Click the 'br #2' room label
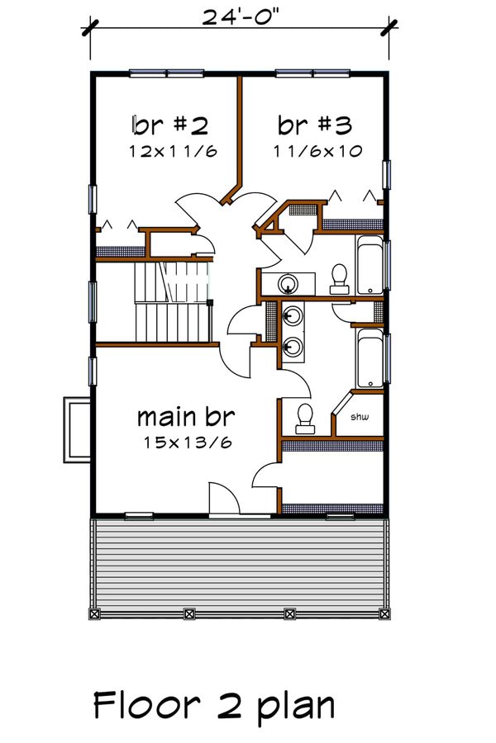[169, 125]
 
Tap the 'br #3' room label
[315, 125]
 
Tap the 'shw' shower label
[359, 417]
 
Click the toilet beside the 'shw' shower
[304, 418]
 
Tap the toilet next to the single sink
[339, 278]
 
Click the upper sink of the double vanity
[292, 315]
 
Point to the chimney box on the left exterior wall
[77, 429]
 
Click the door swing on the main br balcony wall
[223, 499]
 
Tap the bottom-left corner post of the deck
[93, 613]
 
